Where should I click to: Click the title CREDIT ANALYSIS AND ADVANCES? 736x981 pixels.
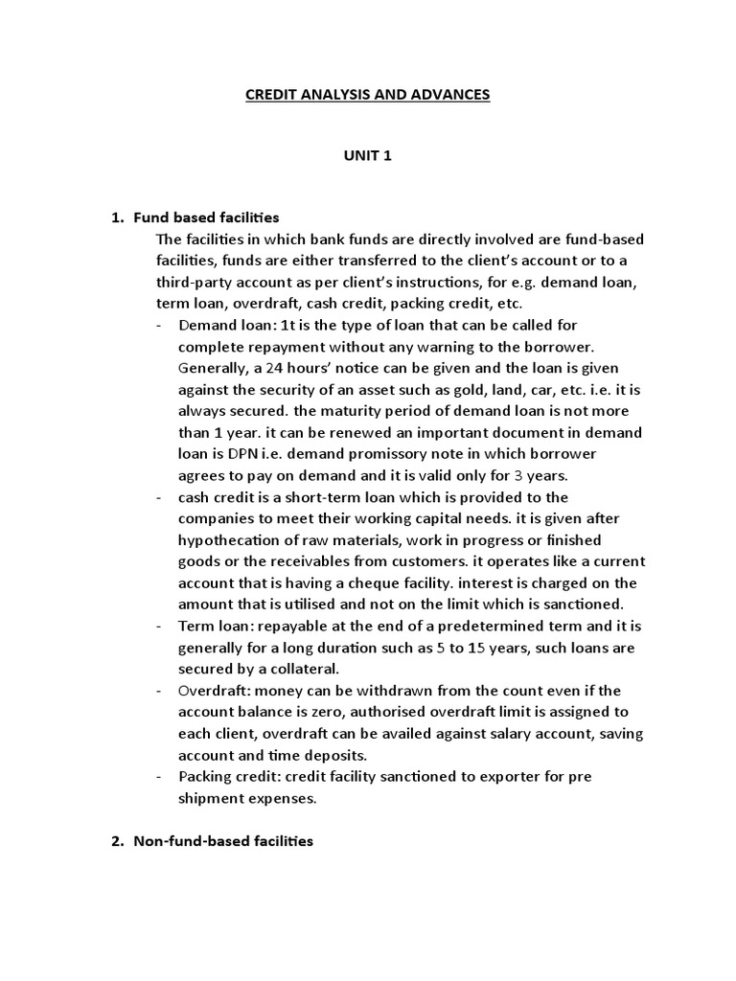(368, 95)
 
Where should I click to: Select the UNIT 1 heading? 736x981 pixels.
(368, 157)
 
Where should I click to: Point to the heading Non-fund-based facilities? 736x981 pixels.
(222, 841)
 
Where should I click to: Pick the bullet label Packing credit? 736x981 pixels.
(230, 776)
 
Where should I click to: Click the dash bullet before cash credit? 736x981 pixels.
(157, 497)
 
